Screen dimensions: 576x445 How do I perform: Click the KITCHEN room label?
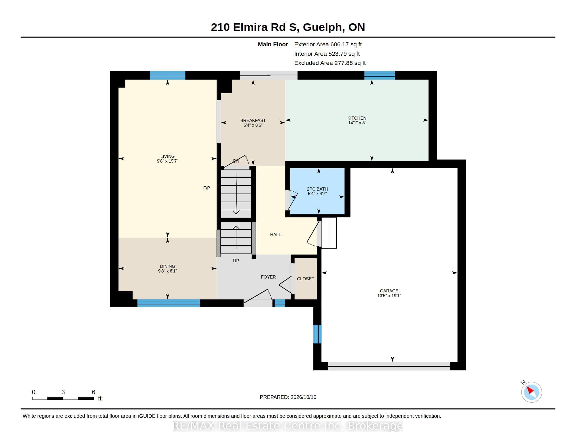pyautogui.click(x=357, y=118)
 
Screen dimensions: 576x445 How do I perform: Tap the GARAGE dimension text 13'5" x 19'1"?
pyautogui.click(x=389, y=296)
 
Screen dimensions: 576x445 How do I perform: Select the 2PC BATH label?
pyautogui.click(x=317, y=189)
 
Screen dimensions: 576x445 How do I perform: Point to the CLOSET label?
pyautogui.click(x=305, y=279)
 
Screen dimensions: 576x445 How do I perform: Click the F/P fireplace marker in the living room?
pyautogui.click(x=207, y=188)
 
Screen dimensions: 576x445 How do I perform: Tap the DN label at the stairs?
pyautogui.click(x=236, y=161)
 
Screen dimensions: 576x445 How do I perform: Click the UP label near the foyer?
pyautogui.click(x=236, y=261)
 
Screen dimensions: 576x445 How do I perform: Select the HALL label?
pyautogui.click(x=275, y=235)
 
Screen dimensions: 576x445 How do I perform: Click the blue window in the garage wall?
pyautogui.click(x=317, y=334)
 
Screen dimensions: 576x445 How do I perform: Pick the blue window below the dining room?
pyautogui.click(x=169, y=303)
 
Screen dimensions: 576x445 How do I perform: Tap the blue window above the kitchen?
pyautogui.click(x=380, y=75)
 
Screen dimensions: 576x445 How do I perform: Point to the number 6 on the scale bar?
pyautogui.click(x=93, y=392)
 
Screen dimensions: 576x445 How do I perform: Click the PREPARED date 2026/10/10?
pyautogui.click(x=303, y=397)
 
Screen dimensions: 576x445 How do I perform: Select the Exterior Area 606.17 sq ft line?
pyautogui.click(x=328, y=44)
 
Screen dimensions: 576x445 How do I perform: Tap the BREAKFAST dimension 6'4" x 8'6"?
pyautogui.click(x=253, y=125)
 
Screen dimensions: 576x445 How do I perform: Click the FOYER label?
pyautogui.click(x=268, y=277)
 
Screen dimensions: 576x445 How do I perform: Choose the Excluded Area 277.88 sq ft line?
pyautogui.click(x=330, y=63)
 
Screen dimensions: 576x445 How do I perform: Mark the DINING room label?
pyautogui.click(x=168, y=266)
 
